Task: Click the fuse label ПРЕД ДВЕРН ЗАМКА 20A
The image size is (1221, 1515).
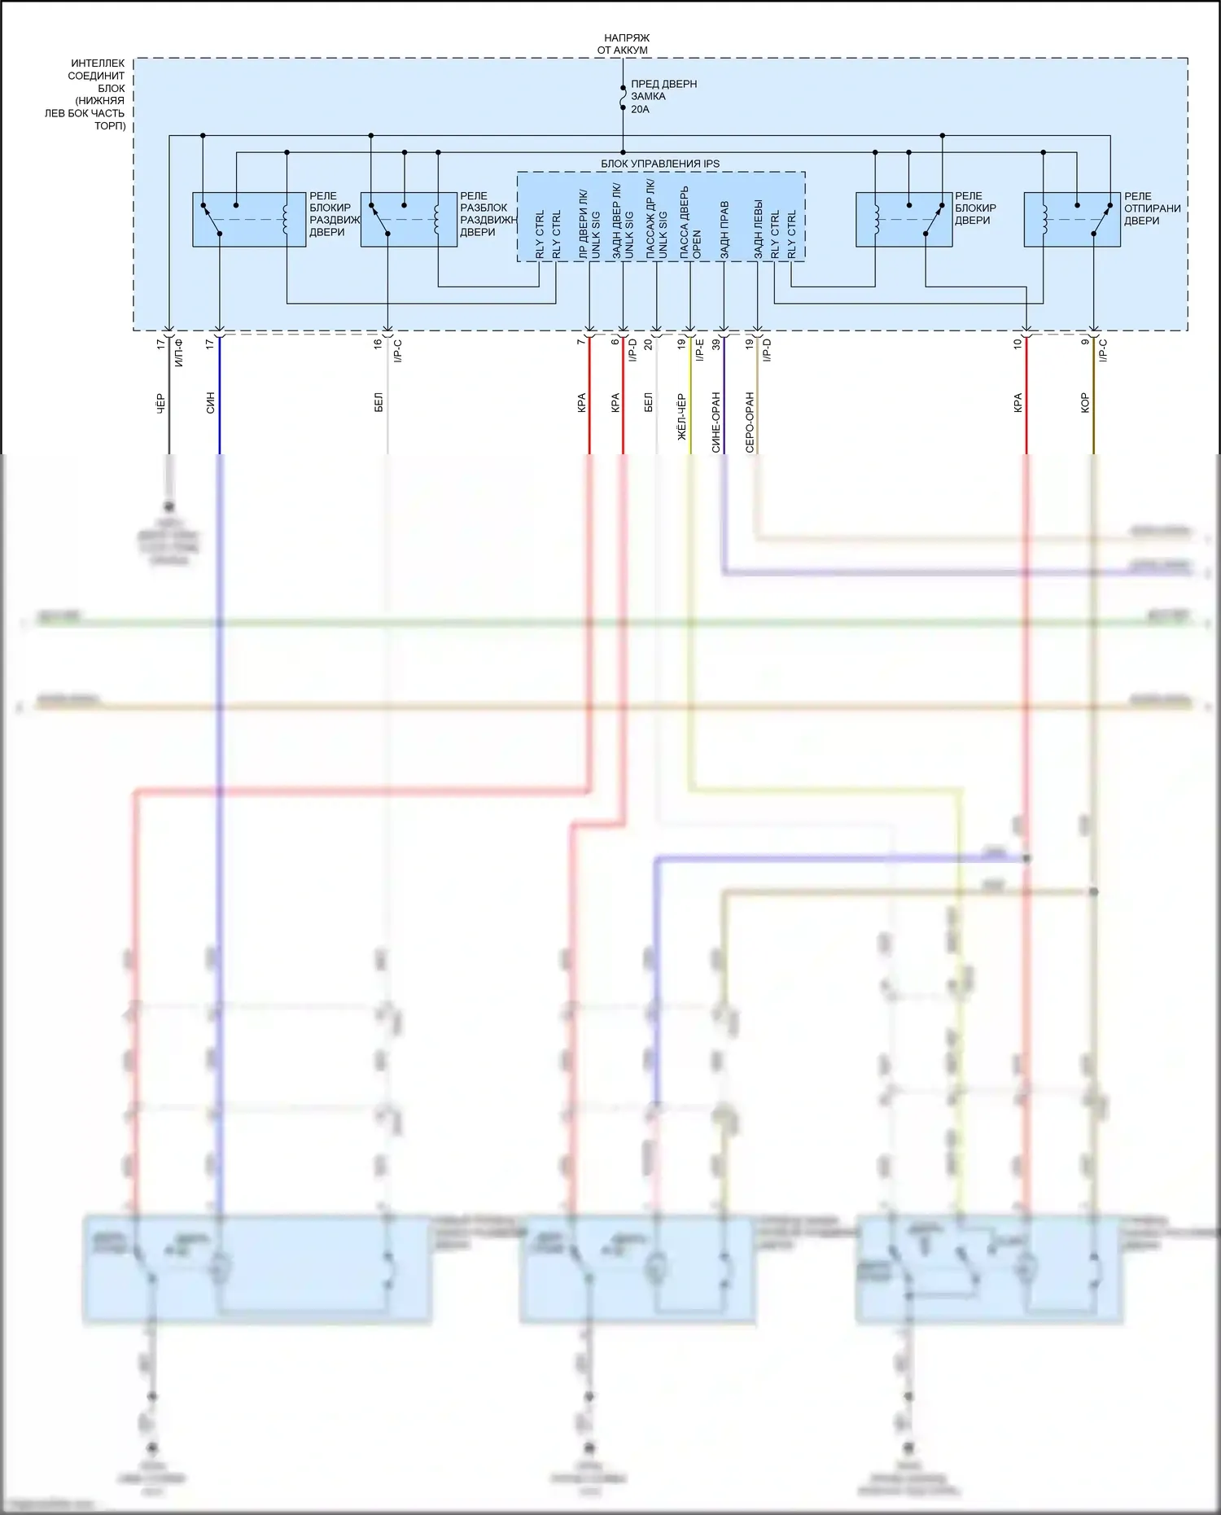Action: [663, 96]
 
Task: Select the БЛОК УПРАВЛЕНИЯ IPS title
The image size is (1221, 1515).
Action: [660, 164]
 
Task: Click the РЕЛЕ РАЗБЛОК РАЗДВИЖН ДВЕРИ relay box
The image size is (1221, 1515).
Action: [409, 219]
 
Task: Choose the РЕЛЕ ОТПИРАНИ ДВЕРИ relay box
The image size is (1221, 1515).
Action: [1072, 219]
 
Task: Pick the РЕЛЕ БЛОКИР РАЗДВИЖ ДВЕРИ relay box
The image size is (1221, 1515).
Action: [249, 219]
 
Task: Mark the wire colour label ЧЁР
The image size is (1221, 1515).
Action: [160, 403]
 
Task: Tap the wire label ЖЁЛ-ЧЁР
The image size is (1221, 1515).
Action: [681, 417]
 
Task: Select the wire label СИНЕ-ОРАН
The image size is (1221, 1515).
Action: [716, 422]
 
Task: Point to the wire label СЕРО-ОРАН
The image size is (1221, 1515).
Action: [750, 422]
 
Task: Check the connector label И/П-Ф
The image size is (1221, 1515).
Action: [179, 352]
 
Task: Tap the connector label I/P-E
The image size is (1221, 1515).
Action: [699, 351]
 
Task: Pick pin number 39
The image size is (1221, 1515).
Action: [716, 344]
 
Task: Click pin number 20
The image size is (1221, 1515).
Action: [648, 344]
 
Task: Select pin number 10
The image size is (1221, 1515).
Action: [1017, 344]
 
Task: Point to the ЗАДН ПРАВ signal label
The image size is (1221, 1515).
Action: [724, 230]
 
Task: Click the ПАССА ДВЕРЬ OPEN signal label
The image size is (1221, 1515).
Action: [690, 224]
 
